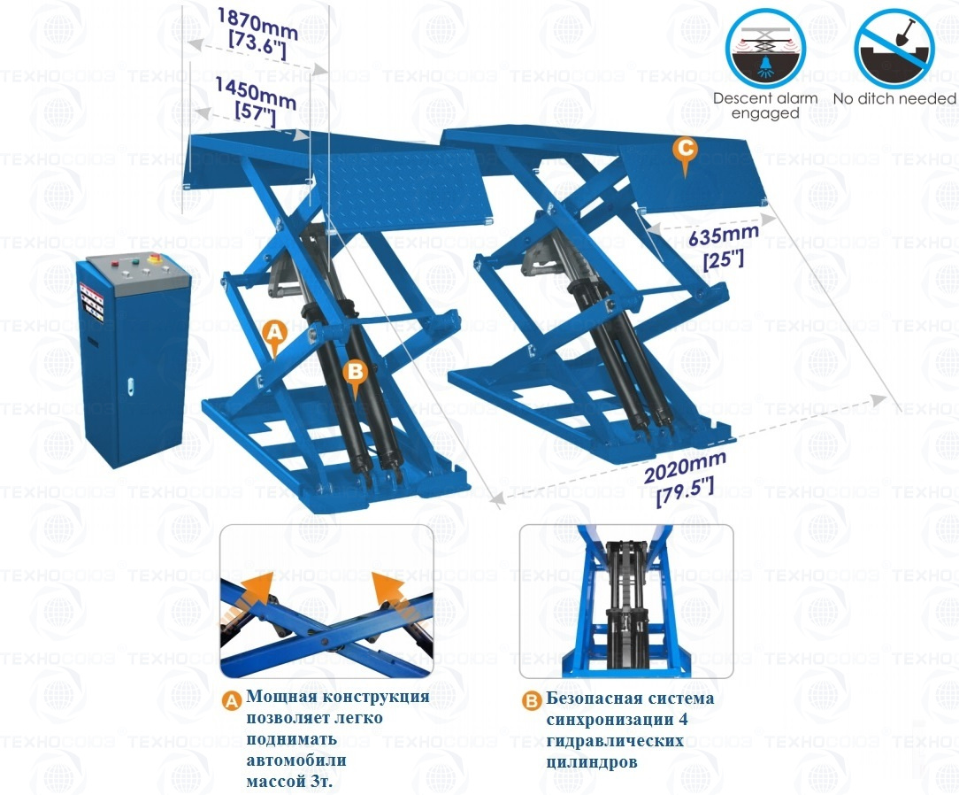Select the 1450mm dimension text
[256, 102]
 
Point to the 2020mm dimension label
[685, 477]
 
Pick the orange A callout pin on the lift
[274, 338]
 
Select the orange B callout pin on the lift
[356, 376]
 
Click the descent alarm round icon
[765, 49]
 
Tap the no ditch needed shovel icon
[894, 49]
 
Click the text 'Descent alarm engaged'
[765, 106]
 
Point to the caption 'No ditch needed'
[895, 98]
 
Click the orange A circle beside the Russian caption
[231, 701]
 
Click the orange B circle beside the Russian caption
[531, 701]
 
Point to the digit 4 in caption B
[683, 720]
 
